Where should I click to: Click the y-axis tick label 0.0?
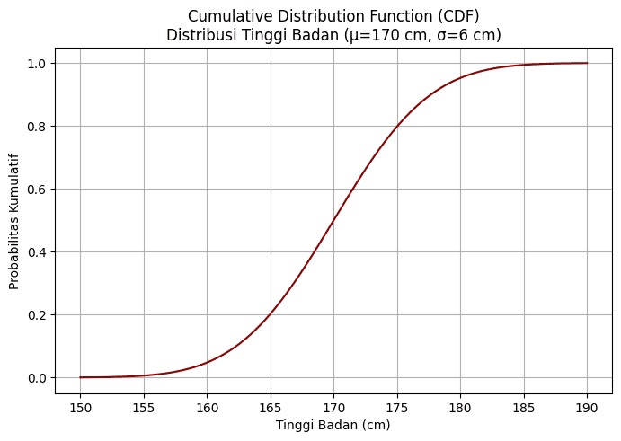click(38, 378)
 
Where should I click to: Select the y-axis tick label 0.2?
click(38, 315)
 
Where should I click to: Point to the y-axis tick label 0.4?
click(38, 252)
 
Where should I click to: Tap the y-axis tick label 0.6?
click(38, 190)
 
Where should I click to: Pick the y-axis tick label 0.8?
click(38, 127)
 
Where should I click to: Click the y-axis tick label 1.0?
click(38, 64)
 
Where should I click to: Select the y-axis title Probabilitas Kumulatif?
click(14, 220)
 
